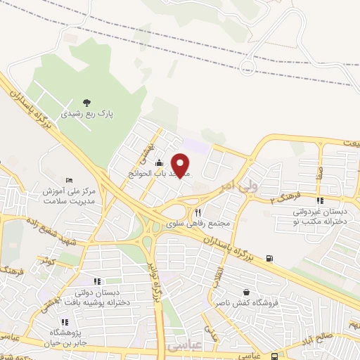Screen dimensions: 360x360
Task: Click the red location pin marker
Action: (x=181, y=164)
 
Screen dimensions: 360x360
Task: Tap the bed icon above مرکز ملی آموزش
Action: (x=69, y=180)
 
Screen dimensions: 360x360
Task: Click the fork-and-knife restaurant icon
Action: (x=198, y=212)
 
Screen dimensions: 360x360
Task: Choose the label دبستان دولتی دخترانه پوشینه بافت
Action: (x=97, y=297)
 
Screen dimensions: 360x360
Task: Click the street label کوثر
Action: (x=47, y=262)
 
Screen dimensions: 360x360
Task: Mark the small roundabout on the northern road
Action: (x=247, y=67)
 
